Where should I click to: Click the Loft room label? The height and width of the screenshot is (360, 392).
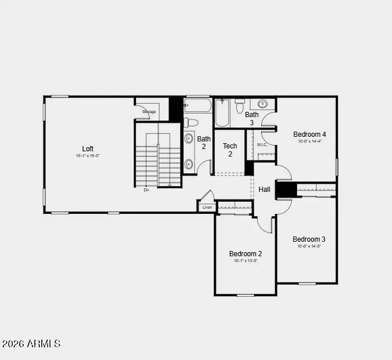[87, 148]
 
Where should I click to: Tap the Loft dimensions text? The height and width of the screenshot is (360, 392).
[87, 156]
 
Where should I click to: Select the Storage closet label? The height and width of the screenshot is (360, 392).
[149, 111]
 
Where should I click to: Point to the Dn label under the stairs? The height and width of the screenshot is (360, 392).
[146, 190]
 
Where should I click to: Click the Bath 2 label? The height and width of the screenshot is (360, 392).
[204, 143]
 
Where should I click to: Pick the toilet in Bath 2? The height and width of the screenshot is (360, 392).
[192, 122]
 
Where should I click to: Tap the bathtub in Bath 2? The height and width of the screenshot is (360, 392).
[197, 106]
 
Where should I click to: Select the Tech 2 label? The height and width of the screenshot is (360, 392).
[230, 150]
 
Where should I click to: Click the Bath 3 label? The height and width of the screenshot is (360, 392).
[252, 118]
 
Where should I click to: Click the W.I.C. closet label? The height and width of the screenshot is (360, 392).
[254, 145]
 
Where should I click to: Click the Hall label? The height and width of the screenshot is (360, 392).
[265, 190]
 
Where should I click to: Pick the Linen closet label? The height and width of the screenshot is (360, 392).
[207, 206]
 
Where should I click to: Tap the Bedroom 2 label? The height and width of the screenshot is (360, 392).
[246, 253]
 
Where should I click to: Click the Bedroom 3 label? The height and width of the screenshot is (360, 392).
[309, 239]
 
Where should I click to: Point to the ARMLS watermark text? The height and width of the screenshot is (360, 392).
[31, 344]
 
